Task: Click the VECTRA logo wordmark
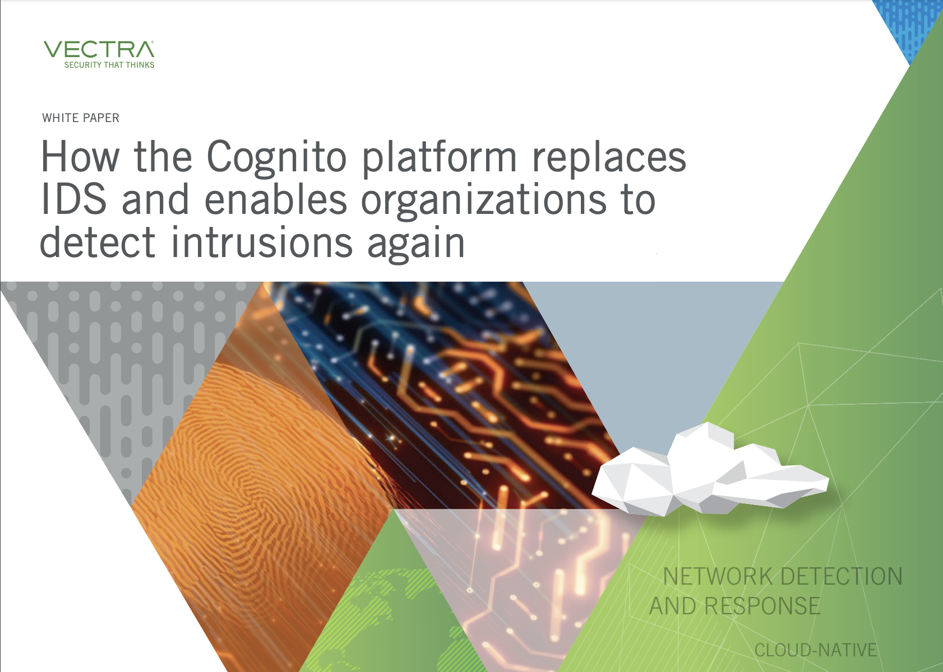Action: tap(99, 50)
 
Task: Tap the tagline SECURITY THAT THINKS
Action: tap(109, 65)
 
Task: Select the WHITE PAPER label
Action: tap(81, 118)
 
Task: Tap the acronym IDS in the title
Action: tap(73, 199)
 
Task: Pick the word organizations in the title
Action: tap(484, 200)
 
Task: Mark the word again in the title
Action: tap(416, 244)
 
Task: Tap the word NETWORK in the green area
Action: tap(718, 576)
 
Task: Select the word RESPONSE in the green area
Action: tap(763, 606)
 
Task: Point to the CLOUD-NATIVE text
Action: tap(815, 650)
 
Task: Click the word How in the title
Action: tap(80, 157)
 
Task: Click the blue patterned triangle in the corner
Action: tap(905, 25)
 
